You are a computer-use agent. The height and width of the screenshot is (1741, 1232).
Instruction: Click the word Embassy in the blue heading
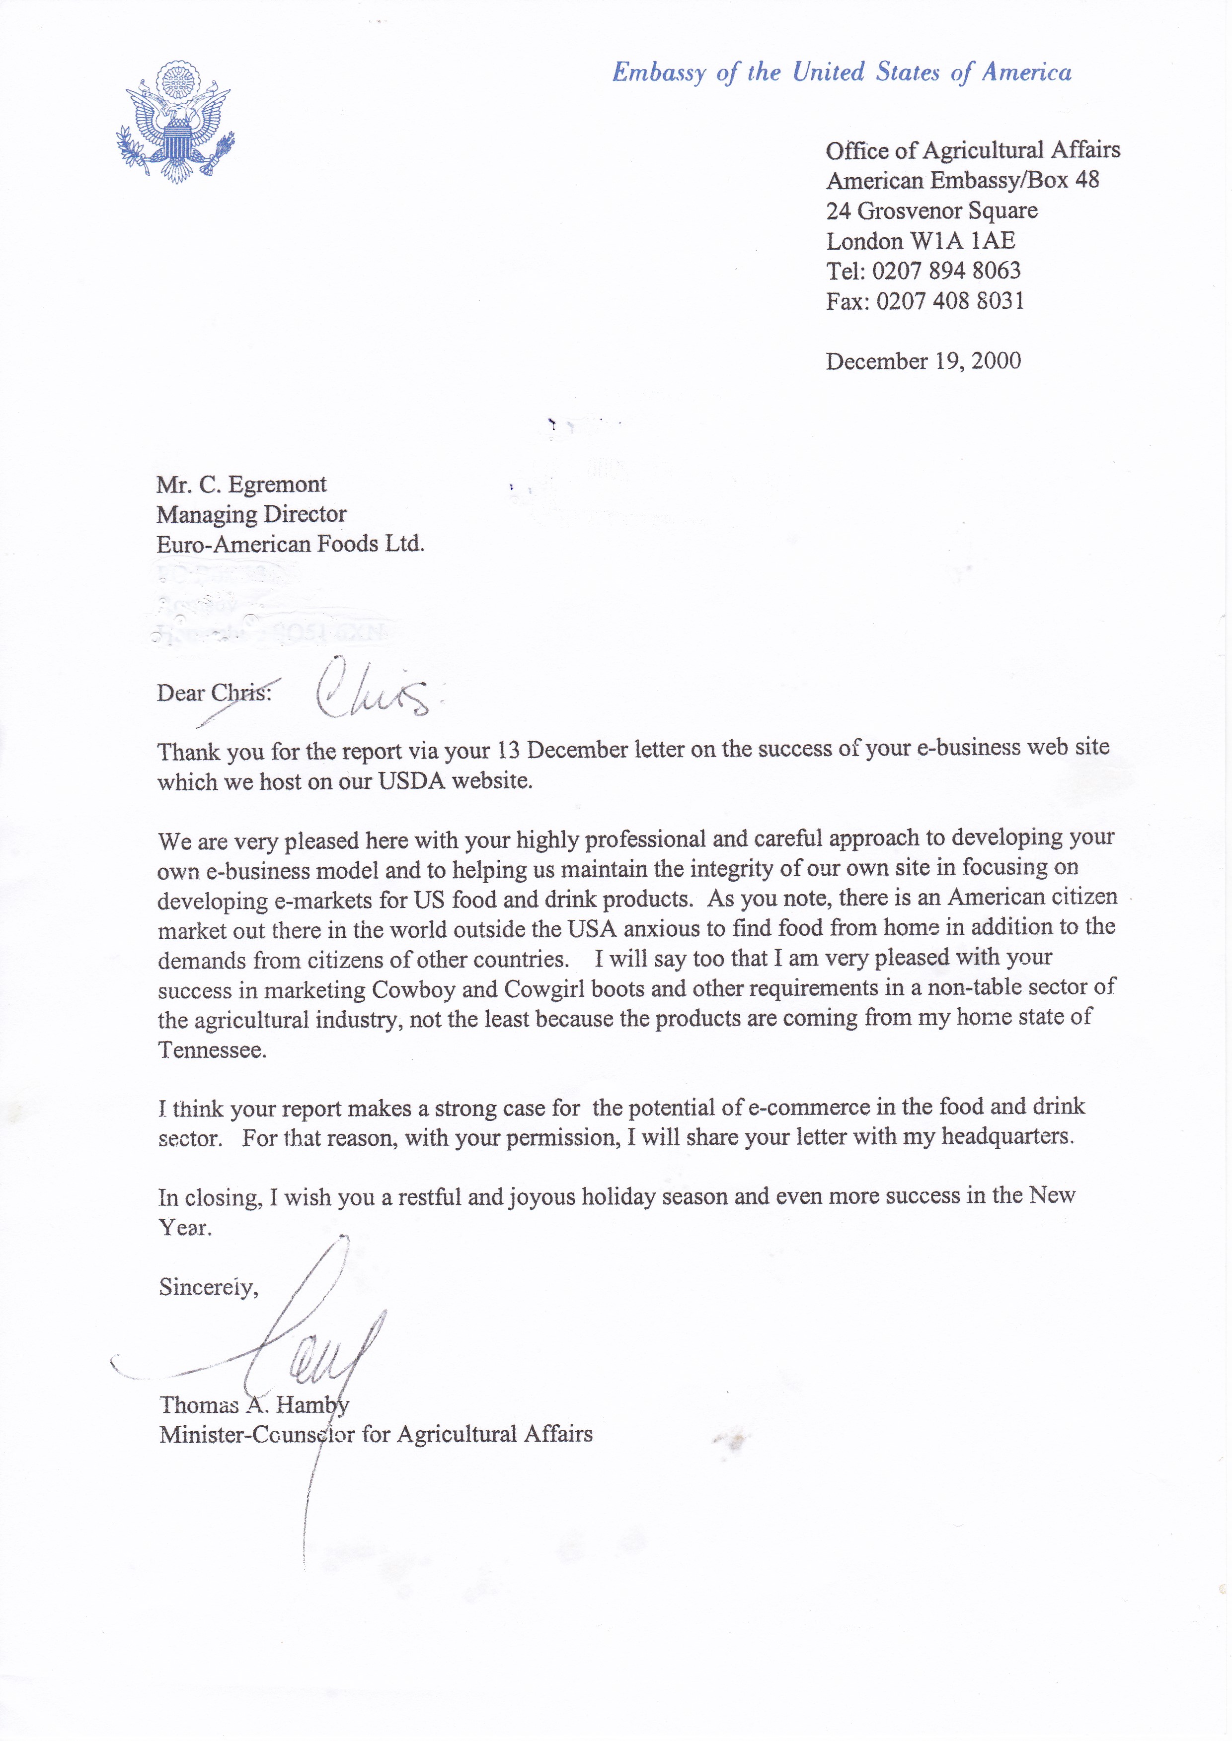click(659, 73)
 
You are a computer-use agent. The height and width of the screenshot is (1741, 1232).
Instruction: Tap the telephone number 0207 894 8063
click(945, 271)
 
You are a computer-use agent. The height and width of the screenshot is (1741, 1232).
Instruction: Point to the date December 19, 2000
click(923, 361)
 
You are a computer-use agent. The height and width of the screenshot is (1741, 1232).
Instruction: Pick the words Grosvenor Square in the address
click(947, 211)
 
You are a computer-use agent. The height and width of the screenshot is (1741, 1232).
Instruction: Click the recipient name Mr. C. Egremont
click(241, 485)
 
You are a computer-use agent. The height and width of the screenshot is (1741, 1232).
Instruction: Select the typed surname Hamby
click(312, 1405)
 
